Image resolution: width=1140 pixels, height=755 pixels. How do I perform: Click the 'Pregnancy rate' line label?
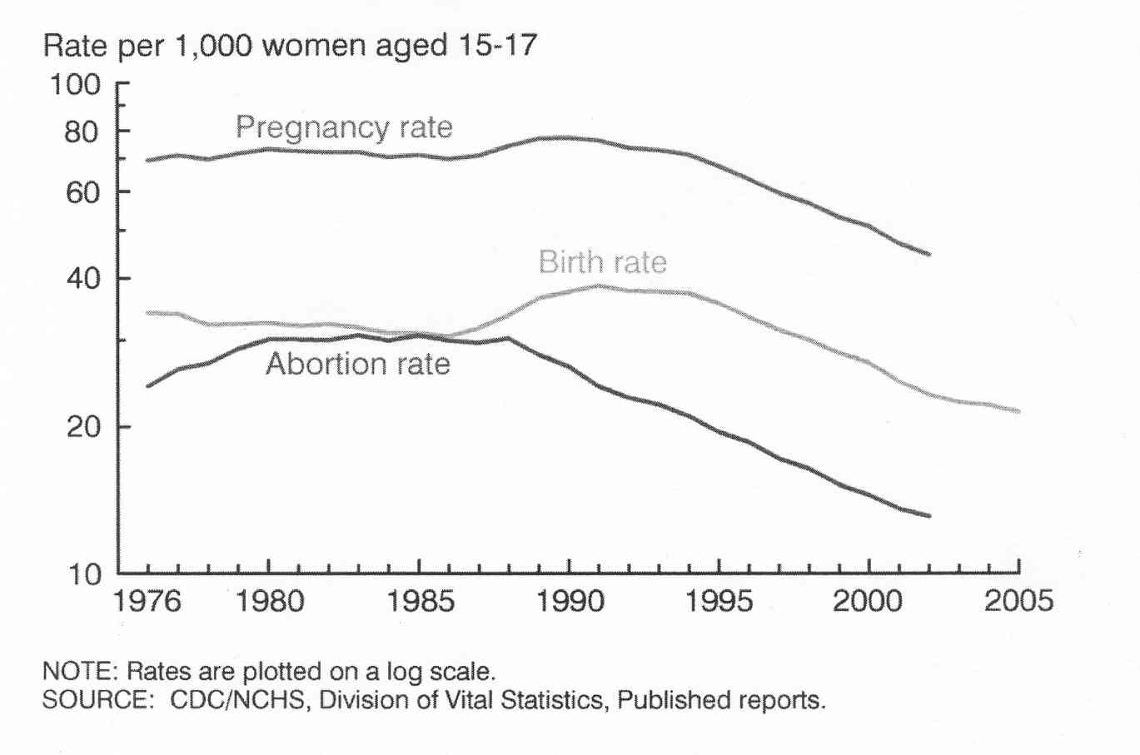(344, 127)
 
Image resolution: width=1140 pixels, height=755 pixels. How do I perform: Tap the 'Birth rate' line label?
(603, 262)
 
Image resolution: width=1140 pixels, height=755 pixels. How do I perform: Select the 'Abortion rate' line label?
(358, 364)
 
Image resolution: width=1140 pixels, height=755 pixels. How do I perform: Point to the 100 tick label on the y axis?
(76, 84)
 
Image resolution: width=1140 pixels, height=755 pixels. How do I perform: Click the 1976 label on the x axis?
(147, 601)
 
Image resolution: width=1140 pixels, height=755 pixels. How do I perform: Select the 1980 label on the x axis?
(269, 601)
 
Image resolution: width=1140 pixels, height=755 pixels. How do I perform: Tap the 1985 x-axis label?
(420, 601)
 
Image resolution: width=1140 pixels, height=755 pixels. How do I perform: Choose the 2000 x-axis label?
(868, 601)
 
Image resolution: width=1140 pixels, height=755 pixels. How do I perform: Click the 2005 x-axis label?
(1018, 601)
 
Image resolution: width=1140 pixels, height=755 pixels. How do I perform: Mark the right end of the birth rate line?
(1018, 411)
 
